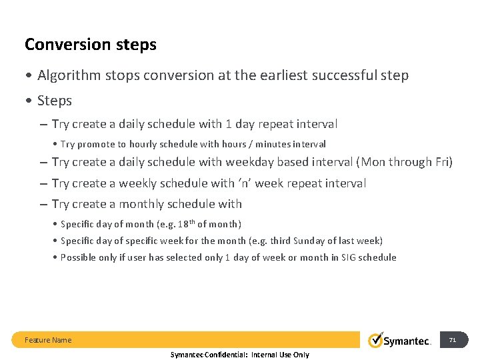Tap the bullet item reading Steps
pyautogui.click(x=54, y=101)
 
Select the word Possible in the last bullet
pyautogui.click(x=79, y=257)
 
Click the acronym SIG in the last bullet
pyautogui.click(x=350, y=257)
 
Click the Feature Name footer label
pyautogui.click(x=48, y=340)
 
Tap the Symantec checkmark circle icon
pyautogui.click(x=375, y=340)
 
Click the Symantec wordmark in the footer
pyautogui.click(x=407, y=341)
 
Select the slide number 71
pyautogui.click(x=453, y=340)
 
